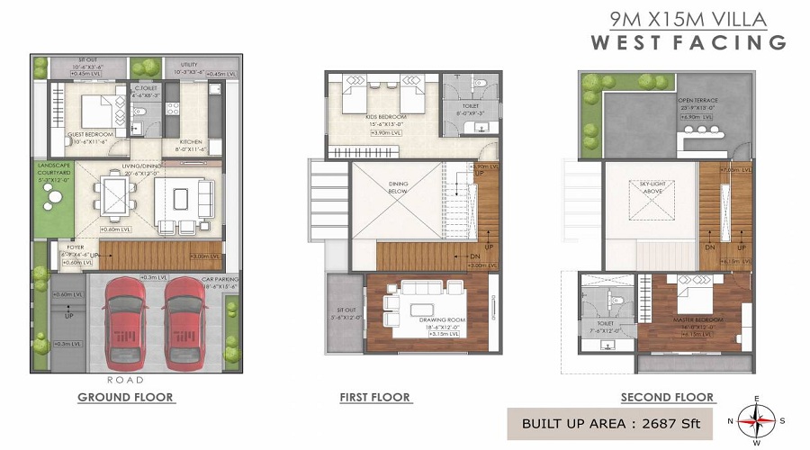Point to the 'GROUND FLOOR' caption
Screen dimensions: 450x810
pyautogui.click(x=125, y=397)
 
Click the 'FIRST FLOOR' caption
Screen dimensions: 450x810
pyautogui.click(x=374, y=397)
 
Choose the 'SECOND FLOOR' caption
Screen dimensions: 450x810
pyautogui.click(x=667, y=397)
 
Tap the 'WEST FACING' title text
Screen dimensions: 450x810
pyautogui.click(x=688, y=42)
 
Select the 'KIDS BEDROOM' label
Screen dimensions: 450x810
pyautogui.click(x=388, y=118)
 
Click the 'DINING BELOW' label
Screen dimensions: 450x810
pyautogui.click(x=399, y=187)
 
